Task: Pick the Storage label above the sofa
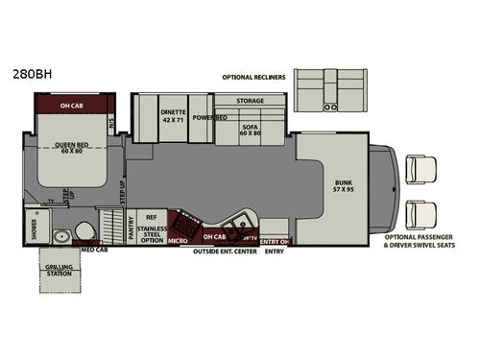click(250, 100)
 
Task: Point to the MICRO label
click(178, 241)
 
